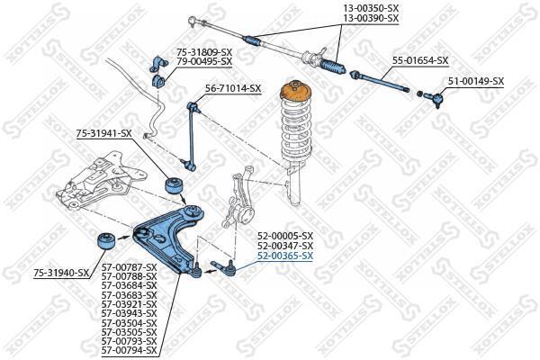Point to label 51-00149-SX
(476, 81)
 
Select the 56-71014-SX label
(233, 88)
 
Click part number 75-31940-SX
(62, 272)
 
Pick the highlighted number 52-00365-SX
(285, 256)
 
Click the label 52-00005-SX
(285, 236)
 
